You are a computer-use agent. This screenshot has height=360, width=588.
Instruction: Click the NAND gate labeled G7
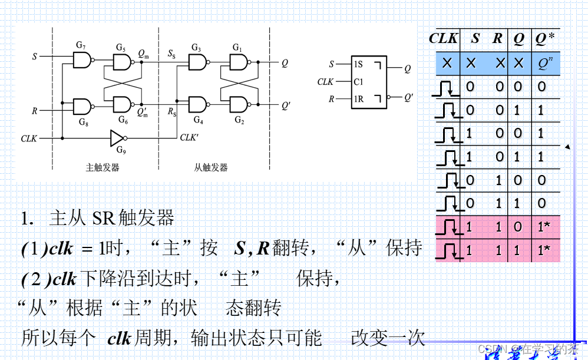click(82, 60)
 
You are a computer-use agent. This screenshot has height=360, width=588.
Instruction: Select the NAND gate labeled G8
click(82, 107)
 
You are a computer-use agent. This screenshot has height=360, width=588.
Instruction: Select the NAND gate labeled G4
click(197, 105)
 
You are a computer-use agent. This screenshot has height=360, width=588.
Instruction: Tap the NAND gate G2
click(239, 105)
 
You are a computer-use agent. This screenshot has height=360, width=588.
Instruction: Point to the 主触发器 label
click(103, 167)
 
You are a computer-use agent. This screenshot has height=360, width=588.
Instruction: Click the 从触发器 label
click(210, 167)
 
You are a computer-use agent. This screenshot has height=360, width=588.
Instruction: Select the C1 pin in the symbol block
click(358, 82)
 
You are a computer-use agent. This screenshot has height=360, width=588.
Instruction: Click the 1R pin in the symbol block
click(358, 99)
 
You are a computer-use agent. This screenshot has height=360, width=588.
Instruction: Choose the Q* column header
click(545, 39)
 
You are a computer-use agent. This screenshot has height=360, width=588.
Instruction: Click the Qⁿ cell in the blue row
click(545, 62)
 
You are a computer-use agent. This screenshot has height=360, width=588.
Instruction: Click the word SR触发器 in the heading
click(133, 219)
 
